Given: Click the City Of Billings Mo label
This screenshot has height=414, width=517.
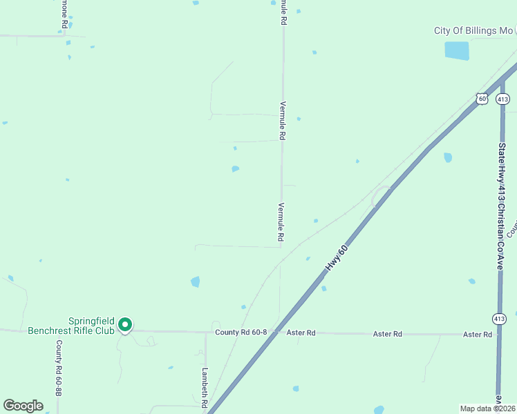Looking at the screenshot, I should [x=473, y=31].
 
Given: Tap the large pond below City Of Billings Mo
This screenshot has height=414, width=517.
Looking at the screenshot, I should [x=456, y=50].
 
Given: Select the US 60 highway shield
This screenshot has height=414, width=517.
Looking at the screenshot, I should [x=482, y=99].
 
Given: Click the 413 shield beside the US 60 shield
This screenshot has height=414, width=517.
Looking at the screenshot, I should [x=502, y=99].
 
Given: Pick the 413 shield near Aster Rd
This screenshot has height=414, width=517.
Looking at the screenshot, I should [x=500, y=318].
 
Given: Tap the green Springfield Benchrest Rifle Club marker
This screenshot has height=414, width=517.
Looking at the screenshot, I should [x=125, y=324].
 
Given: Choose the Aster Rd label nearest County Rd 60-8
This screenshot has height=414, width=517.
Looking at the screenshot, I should [x=301, y=333].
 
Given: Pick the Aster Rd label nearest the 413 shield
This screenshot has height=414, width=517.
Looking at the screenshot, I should [x=478, y=335].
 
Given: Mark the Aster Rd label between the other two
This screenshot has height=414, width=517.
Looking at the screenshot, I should [x=387, y=334].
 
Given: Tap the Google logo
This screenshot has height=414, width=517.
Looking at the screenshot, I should [x=23, y=406].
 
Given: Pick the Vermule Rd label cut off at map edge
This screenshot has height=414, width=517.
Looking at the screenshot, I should [x=283, y=12].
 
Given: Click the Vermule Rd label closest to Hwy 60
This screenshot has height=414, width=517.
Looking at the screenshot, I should [x=281, y=221].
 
